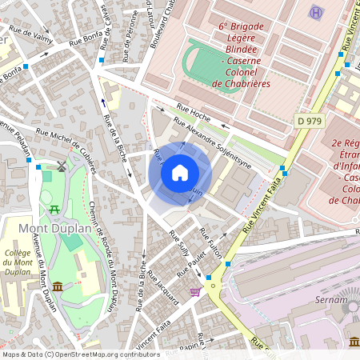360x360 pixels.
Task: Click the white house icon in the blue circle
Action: click(180, 172)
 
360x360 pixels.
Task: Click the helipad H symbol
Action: click(317, 13)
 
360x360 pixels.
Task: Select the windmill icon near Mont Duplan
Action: click(61, 166)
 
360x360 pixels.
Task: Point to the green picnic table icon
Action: click(54, 209)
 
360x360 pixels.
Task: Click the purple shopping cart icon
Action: click(195, 292)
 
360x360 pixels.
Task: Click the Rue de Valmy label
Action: click(31, 37)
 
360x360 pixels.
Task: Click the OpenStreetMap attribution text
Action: click(80, 354)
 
